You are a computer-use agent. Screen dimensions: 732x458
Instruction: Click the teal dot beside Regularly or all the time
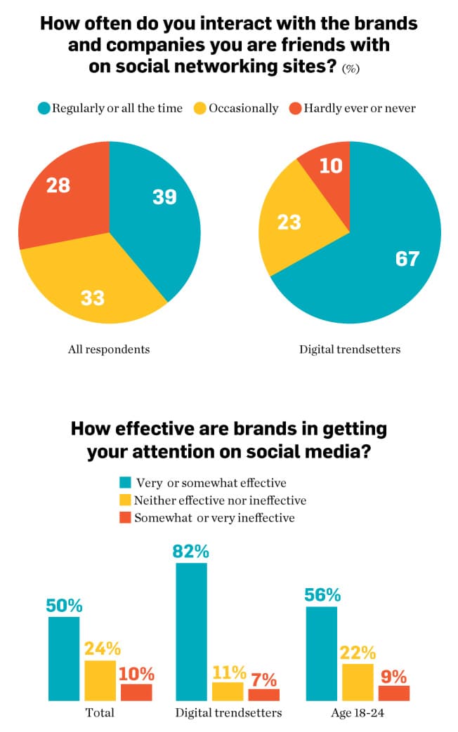click(x=45, y=108)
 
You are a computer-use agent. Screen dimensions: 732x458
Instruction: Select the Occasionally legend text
click(x=243, y=108)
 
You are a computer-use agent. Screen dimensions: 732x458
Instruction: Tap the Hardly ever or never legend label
click(x=359, y=108)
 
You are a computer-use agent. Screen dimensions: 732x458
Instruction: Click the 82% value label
click(x=191, y=551)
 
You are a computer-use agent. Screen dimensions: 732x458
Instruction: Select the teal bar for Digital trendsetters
click(x=191, y=632)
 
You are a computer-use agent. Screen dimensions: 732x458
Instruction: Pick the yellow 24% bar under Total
click(x=100, y=680)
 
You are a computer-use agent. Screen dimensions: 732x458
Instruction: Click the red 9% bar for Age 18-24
click(x=393, y=693)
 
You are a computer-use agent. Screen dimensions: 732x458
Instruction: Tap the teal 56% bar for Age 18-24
click(x=322, y=653)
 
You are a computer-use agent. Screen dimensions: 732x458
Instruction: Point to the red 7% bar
click(x=263, y=694)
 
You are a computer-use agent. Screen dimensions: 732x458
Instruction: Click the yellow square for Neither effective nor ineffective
click(x=126, y=500)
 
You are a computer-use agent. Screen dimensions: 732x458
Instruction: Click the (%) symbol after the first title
click(x=351, y=69)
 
